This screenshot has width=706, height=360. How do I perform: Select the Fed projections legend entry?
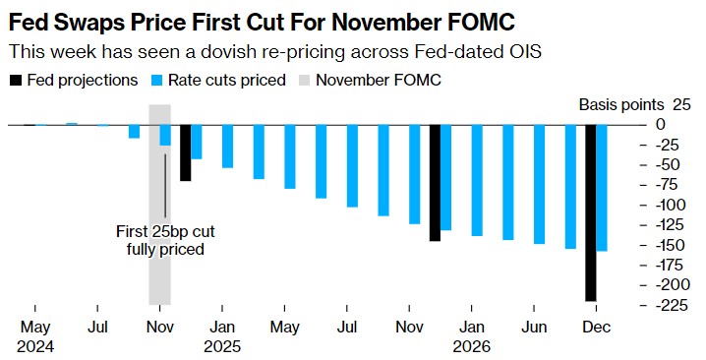pos(74,81)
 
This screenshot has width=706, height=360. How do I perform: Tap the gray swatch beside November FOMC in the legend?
pos(305,81)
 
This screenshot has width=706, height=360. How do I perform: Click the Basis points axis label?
pos(621,105)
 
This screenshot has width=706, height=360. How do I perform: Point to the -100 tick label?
pos(671,205)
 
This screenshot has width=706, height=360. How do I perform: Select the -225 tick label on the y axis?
pos(671,306)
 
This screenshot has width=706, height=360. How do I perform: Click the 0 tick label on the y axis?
pos(660,124)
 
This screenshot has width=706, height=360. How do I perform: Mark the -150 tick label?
pos(671,245)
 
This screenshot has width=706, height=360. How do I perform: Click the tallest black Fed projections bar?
pos(591,212)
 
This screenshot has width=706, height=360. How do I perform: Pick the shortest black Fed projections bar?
pos(186,152)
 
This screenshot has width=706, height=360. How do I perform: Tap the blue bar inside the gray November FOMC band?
pos(165,135)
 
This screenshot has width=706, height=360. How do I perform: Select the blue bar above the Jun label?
pos(539,184)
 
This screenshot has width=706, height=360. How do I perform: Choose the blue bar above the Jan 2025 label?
pos(227,147)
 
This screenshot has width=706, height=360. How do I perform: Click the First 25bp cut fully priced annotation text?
pos(165,240)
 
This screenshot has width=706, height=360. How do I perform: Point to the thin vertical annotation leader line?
pos(165,186)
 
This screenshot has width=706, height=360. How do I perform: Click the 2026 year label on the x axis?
pos(471,346)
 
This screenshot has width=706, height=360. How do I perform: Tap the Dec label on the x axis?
pos(596,328)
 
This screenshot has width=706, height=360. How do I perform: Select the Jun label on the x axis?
pos(534,328)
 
